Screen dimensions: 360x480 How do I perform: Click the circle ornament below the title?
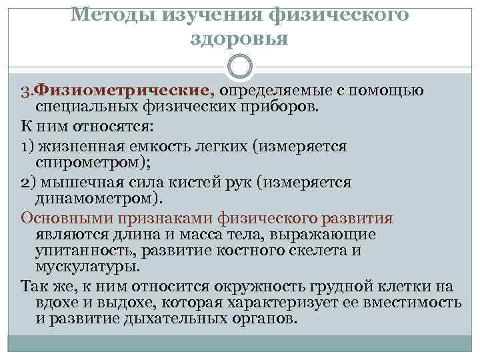click(x=240, y=65)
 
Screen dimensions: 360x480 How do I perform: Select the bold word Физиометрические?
click(x=123, y=90)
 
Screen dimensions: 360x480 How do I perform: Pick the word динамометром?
click(x=97, y=199)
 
